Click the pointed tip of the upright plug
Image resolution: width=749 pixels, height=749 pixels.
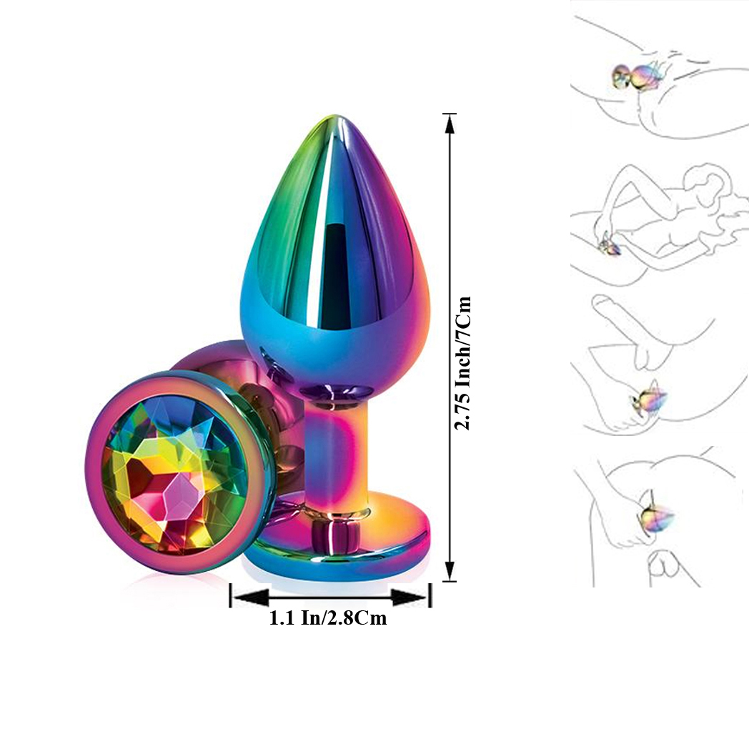coord(335,116)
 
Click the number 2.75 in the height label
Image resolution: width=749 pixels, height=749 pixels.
coord(463,405)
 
